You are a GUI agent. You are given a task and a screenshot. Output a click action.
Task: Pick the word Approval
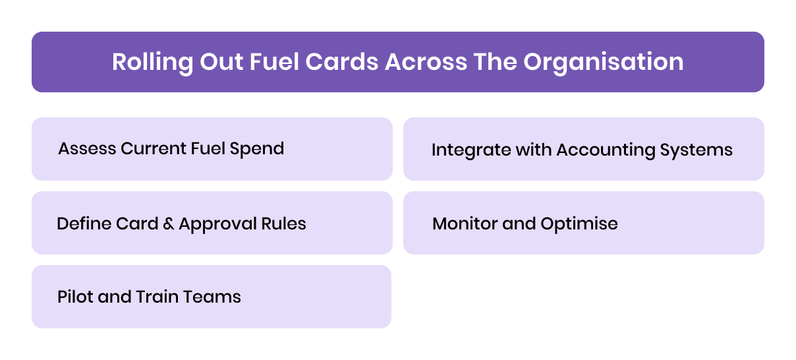click(x=217, y=224)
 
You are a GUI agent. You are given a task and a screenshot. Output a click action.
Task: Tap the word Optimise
click(x=579, y=224)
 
